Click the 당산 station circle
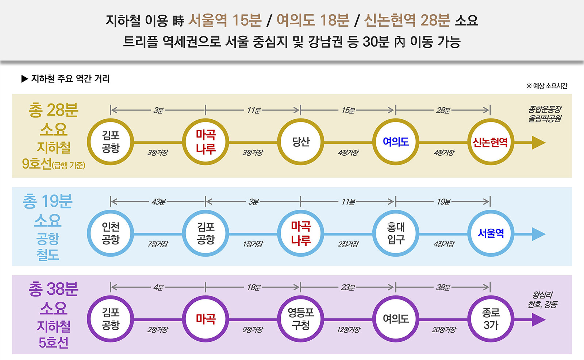[x=301, y=142]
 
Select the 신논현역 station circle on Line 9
[x=490, y=142]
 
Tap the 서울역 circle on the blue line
[x=491, y=233]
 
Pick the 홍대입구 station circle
[x=396, y=233]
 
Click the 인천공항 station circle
[x=111, y=233]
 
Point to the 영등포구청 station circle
[x=301, y=319]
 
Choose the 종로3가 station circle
[x=491, y=319]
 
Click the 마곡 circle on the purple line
[x=205, y=319]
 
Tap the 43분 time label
[x=158, y=202]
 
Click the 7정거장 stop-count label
[x=158, y=244]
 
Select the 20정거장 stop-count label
[x=444, y=330]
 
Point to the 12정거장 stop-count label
[x=348, y=330]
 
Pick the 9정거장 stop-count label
[x=253, y=330]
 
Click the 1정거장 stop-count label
[x=253, y=244]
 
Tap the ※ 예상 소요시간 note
[x=546, y=86]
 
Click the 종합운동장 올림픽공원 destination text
[x=545, y=114]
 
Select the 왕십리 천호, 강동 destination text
[x=542, y=299]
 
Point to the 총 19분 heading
[x=47, y=201]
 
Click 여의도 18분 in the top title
[x=313, y=20]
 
